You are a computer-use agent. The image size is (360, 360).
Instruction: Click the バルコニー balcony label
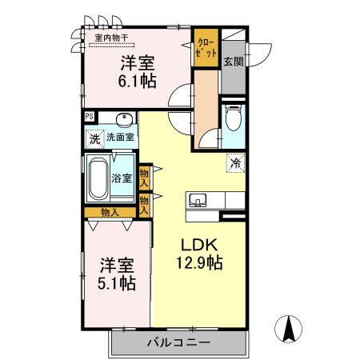178,342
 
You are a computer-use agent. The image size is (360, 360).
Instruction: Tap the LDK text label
194,245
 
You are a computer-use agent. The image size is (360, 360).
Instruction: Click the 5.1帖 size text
117,282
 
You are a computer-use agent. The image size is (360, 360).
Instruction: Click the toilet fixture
233,120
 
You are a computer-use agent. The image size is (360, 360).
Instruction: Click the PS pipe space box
90,117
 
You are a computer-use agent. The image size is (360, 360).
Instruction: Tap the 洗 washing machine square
94,138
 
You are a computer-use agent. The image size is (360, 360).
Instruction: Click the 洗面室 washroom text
121,138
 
